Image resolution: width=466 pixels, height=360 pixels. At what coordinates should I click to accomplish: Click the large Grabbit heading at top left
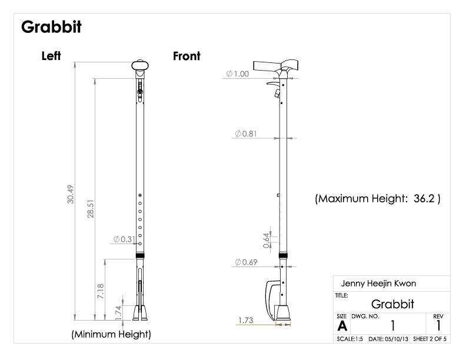pyautogui.click(x=51, y=27)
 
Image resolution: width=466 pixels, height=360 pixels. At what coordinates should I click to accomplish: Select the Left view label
pyautogui.click(x=51, y=56)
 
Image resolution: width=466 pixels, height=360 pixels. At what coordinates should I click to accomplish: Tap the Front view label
pyautogui.click(x=187, y=56)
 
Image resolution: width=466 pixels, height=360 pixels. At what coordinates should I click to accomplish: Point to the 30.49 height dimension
pyautogui.click(x=71, y=194)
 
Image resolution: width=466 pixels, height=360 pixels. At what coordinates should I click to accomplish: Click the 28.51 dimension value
pyautogui.click(x=91, y=209)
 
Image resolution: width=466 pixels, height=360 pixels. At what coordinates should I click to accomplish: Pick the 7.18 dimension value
pyautogui.click(x=101, y=291)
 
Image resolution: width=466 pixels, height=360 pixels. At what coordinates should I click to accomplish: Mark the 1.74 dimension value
pyautogui.click(x=118, y=313)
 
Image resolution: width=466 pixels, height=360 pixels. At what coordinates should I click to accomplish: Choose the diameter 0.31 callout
pyautogui.click(x=124, y=239)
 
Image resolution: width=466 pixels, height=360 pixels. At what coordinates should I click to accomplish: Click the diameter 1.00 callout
pyautogui.click(x=238, y=74)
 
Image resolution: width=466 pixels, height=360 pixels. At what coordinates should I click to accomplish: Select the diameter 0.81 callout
pyautogui.click(x=246, y=134)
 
